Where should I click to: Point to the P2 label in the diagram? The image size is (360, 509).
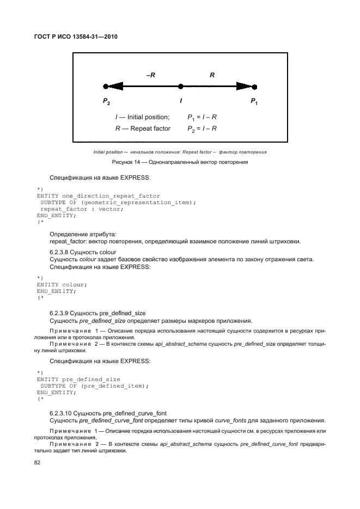[x=107, y=101]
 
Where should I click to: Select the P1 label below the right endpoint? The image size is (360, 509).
[x=254, y=101]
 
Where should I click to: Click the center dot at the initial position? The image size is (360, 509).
[x=181, y=86]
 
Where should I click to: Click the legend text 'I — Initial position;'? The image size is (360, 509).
[x=142, y=117]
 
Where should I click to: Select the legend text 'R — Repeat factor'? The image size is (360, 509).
[x=143, y=128]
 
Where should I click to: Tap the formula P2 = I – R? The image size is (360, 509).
[x=203, y=128]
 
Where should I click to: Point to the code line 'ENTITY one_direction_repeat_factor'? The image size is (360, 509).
[x=98, y=195]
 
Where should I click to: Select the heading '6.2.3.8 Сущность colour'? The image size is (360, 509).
[x=82, y=253]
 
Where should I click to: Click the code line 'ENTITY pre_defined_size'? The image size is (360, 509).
[x=78, y=378]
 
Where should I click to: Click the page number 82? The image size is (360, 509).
[x=40, y=462]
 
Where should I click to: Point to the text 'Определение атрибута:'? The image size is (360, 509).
[x=79, y=234]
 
